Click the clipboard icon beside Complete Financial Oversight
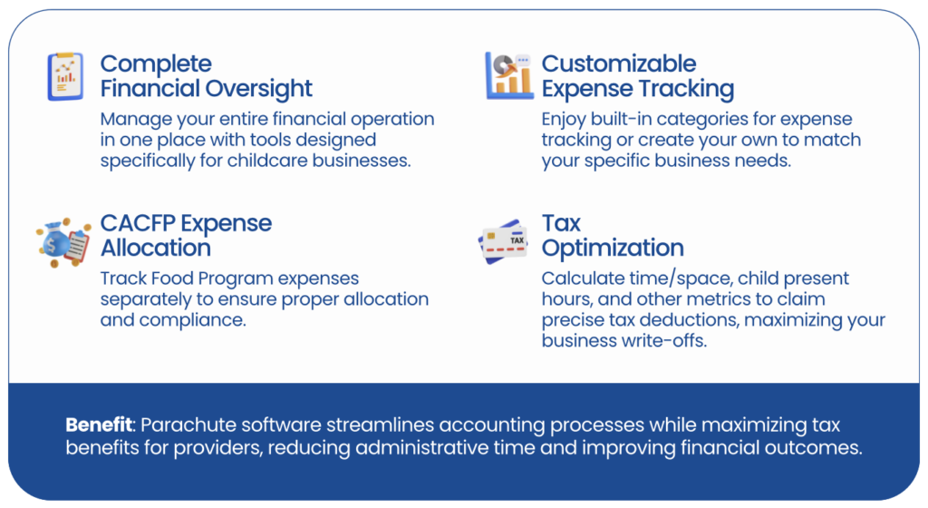[x=65, y=76]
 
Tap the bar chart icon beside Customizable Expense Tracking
[x=509, y=75]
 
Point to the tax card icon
[x=502, y=241]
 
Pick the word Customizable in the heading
[x=618, y=63]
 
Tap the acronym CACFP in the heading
[x=138, y=223]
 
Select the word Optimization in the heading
[x=613, y=248]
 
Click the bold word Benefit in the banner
[x=99, y=425]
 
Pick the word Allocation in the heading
[x=156, y=248]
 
